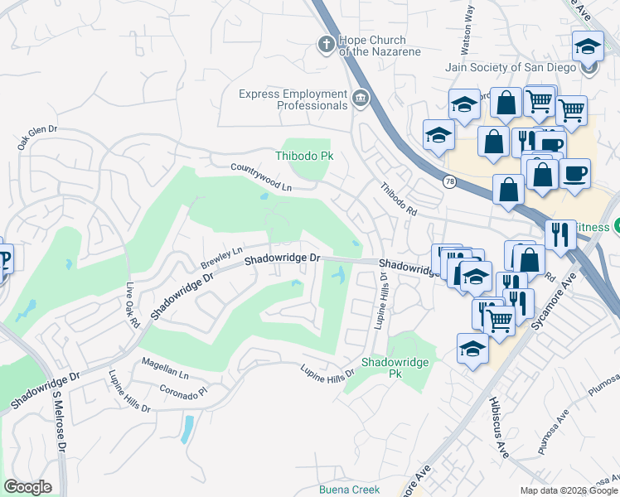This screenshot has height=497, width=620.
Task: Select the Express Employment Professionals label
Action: point(293,99)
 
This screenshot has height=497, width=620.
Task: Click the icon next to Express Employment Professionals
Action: point(361,99)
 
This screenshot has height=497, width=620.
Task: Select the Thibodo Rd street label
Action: point(399,200)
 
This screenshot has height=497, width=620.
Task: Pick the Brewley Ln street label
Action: point(220,258)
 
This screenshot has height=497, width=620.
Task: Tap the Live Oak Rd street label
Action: point(133,304)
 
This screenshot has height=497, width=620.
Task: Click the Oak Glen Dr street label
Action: point(37,137)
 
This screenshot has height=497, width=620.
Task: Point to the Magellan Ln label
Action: point(166,375)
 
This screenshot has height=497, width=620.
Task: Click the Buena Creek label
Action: point(349,490)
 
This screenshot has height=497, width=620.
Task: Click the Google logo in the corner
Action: point(27,487)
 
